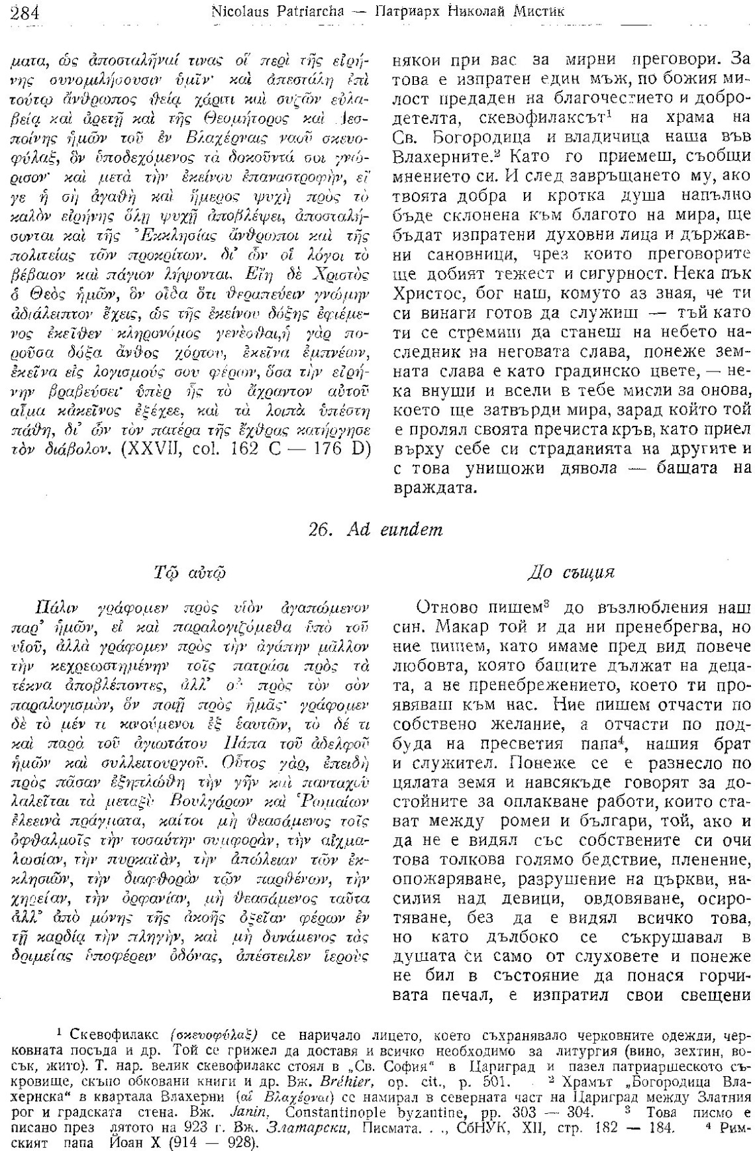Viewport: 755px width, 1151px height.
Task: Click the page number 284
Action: (25, 11)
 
